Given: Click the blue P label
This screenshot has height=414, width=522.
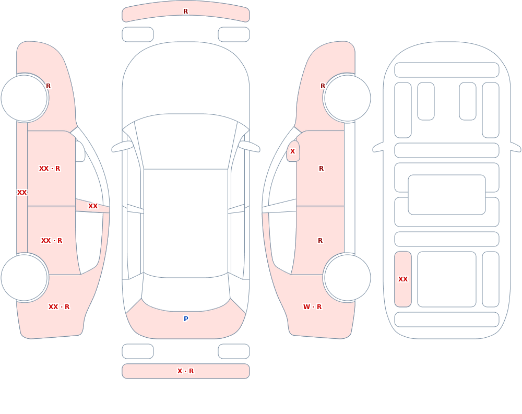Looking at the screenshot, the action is (186, 319).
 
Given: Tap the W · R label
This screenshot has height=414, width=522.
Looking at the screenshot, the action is (312, 307).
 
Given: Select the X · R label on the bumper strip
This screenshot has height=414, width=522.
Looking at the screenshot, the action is (185, 371).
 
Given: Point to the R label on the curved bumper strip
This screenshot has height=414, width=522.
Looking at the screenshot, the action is (186, 11).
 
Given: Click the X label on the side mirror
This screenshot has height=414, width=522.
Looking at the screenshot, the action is (293, 151).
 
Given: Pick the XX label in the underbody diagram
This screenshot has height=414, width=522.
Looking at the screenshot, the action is (403, 279).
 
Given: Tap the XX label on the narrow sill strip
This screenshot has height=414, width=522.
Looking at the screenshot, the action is (22, 193).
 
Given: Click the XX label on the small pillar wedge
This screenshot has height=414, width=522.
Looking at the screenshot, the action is (93, 206).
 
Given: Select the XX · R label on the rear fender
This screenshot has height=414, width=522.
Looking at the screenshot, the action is (59, 307).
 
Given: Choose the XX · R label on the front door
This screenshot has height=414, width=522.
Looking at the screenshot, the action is (50, 169).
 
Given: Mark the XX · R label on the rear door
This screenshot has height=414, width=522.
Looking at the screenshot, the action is (52, 241).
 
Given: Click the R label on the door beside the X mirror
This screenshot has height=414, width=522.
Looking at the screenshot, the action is (321, 169).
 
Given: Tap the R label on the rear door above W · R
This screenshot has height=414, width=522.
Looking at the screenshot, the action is (321, 241).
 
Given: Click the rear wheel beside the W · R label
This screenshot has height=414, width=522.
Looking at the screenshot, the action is (347, 277).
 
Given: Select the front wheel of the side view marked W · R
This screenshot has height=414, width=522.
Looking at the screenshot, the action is (347, 98).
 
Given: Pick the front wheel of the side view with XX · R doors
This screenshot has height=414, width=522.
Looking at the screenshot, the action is (25, 98).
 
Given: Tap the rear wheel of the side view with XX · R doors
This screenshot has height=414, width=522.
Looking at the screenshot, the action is (25, 277).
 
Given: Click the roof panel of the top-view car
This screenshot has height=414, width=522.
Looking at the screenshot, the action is (186, 223).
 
